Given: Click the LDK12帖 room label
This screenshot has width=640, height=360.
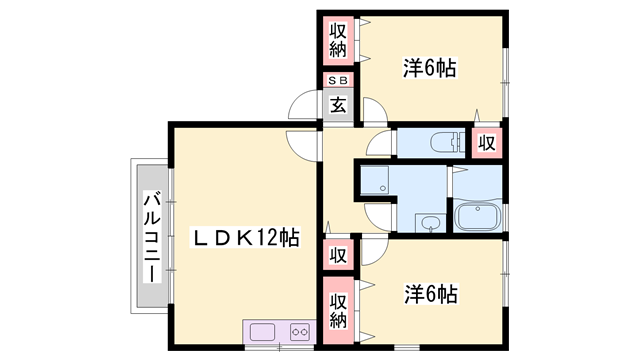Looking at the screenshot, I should coord(246,238).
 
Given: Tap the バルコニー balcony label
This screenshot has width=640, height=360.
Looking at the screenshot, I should coord(150,236).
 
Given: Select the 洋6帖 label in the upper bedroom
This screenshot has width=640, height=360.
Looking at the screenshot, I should coord(430,68).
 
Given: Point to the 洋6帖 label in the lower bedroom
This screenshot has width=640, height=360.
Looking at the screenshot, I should coord(431,295).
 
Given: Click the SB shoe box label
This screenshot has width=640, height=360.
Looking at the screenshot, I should coord(338,82).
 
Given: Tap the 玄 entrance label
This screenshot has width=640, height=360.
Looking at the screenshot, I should coord(338,105).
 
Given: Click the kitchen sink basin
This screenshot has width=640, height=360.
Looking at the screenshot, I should coord(263,331).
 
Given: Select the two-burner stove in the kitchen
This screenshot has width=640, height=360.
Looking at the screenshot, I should coord(299,331).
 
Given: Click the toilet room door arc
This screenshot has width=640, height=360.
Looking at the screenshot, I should coord(380,146).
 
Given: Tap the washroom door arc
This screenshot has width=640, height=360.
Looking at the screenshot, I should coord(378,212).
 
